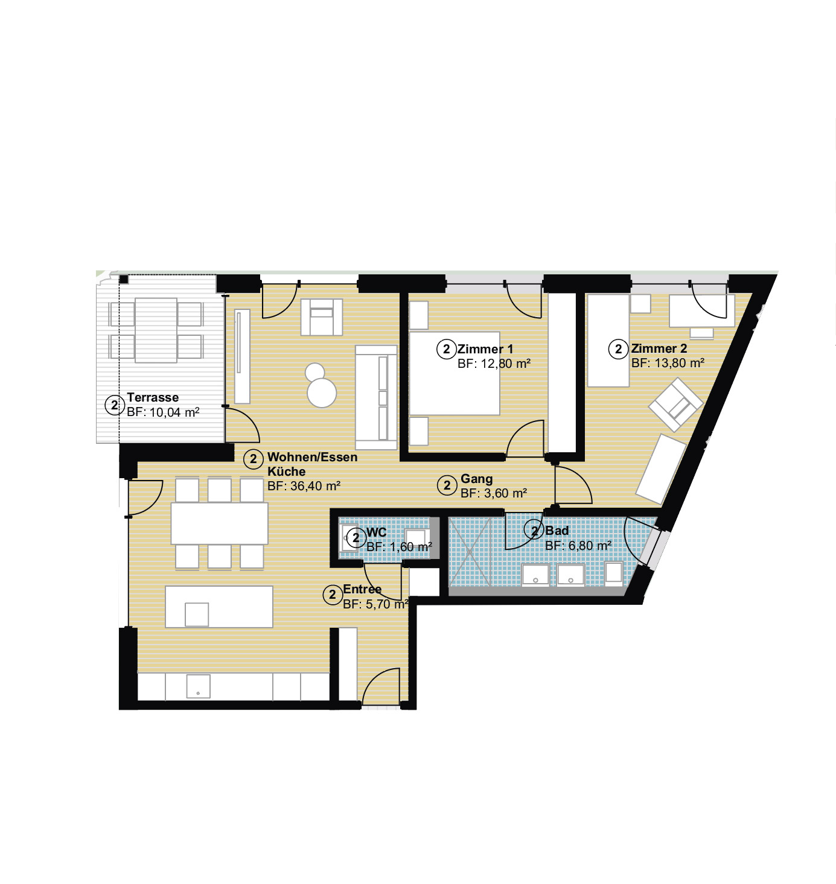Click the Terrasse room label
click(153, 397)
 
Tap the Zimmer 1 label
click(485, 349)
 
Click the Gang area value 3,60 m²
click(505, 493)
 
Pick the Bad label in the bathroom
click(557, 531)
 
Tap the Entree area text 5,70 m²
click(386, 604)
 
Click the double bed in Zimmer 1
click(454, 373)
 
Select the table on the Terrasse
click(156, 330)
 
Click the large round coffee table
click(322, 393)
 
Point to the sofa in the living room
click(376, 397)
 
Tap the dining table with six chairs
click(220, 523)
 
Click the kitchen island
click(219, 607)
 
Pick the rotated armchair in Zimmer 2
click(675, 405)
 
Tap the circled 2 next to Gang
click(447, 485)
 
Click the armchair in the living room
click(322, 317)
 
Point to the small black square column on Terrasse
click(124, 280)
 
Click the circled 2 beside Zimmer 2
click(618, 349)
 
